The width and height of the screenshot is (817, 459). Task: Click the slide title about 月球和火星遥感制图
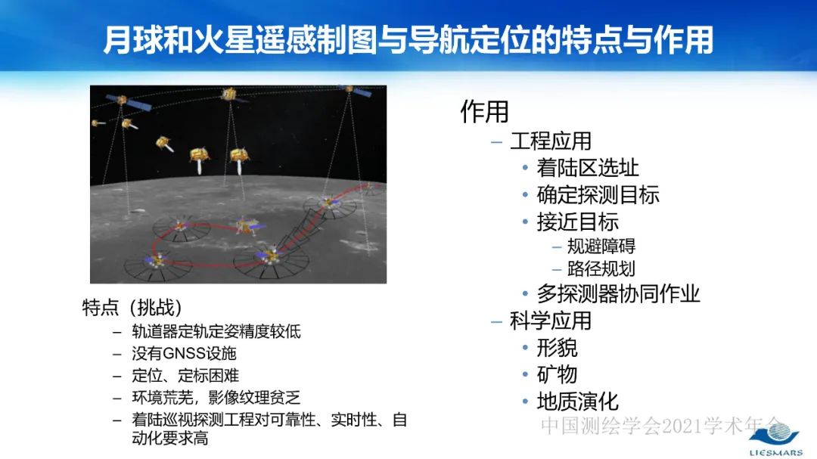pyautogui.click(x=408, y=40)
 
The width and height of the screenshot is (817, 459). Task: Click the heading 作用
pyautogui.click(x=484, y=112)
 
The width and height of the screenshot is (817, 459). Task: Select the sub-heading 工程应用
pyautogui.click(x=550, y=141)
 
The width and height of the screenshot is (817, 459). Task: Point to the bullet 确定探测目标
pyautogui.click(x=598, y=194)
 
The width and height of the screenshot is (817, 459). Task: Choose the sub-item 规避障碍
pyautogui.click(x=601, y=246)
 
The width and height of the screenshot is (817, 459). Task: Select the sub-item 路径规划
pyautogui.click(x=601, y=268)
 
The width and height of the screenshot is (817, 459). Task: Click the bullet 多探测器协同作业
pyautogui.click(x=618, y=293)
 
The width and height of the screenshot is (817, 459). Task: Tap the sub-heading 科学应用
pyautogui.click(x=550, y=321)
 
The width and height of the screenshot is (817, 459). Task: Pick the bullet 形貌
pyautogui.click(x=557, y=348)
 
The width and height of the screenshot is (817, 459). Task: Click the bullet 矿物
pyautogui.click(x=557, y=374)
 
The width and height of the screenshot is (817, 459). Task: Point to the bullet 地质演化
pyautogui.click(x=577, y=401)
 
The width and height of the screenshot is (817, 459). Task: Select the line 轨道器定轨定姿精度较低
pyautogui.click(x=216, y=331)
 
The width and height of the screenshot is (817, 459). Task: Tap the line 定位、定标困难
pyautogui.click(x=185, y=375)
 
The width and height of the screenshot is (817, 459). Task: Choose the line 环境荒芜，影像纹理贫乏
pyautogui.click(x=216, y=397)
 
